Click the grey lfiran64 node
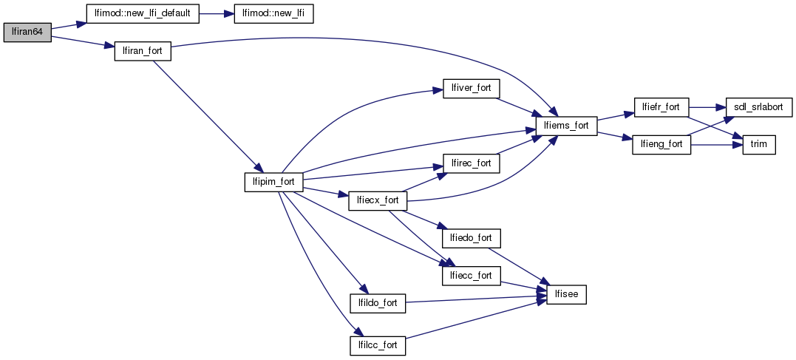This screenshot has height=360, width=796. coord(27,33)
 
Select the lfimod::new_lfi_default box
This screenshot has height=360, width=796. coord(143,15)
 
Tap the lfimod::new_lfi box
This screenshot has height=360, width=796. coord(273,15)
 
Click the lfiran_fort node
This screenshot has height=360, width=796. coord(143,52)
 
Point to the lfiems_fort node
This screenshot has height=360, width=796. coord(566,126)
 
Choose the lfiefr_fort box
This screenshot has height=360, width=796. coord(661,107)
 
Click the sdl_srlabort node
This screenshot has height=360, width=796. coord(759,107)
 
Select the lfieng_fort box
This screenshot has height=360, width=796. coord(661,145)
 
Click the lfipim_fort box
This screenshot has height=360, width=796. coord(273,182)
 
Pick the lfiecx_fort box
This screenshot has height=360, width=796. coord(377,200)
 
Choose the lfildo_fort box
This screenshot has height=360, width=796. coord(377,303)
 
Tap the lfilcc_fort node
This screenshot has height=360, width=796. coord(377,344)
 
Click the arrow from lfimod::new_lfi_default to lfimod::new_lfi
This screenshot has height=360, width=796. coord(217,15)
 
